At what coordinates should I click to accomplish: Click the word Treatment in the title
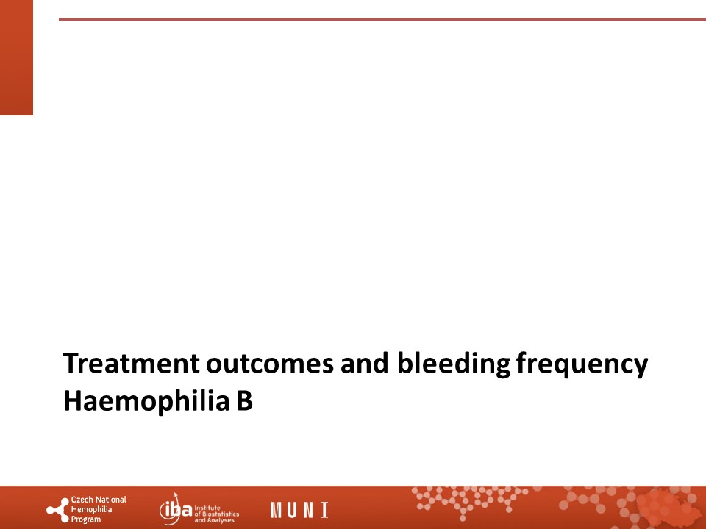click(131, 364)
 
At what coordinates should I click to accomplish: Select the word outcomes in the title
click(270, 364)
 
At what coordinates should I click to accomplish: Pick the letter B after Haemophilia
click(244, 401)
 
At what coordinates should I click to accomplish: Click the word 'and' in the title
click(364, 364)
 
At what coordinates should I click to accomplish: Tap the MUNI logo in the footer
click(299, 510)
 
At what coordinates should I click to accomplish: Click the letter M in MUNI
click(276, 510)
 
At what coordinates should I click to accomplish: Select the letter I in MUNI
click(324, 510)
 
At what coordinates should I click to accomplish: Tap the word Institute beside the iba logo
click(207, 508)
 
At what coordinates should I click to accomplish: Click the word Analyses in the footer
click(221, 520)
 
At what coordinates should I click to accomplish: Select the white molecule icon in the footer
click(57, 510)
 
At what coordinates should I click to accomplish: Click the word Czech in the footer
click(82, 500)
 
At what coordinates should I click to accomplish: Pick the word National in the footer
click(110, 500)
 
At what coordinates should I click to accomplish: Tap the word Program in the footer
click(86, 520)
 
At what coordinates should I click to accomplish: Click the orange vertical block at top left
click(16, 57)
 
